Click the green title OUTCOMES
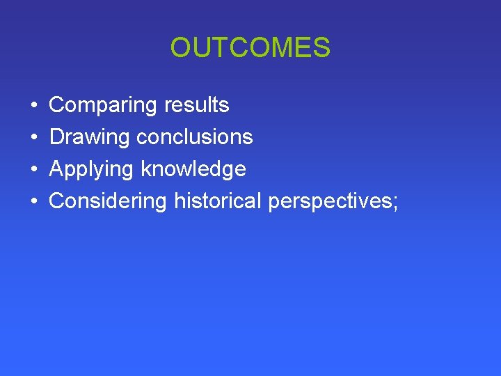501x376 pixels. click(x=250, y=48)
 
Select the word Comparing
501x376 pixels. click(x=103, y=106)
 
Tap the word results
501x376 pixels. click(x=196, y=106)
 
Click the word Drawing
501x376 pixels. click(x=90, y=137)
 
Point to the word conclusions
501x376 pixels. click(x=195, y=137)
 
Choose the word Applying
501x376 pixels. click(x=92, y=169)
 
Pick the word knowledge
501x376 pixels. click(x=193, y=169)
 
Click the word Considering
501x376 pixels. click(x=108, y=201)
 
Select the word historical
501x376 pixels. click(x=218, y=201)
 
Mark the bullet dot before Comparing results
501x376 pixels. click(x=35, y=106)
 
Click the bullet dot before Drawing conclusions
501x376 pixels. click(x=35, y=138)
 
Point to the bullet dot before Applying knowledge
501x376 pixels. click(x=35, y=170)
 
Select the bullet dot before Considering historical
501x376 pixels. click(x=35, y=202)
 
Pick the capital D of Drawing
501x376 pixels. click(x=56, y=137)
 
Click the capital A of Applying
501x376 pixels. click(x=56, y=169)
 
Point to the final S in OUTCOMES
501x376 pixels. click(x=321, y=48)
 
